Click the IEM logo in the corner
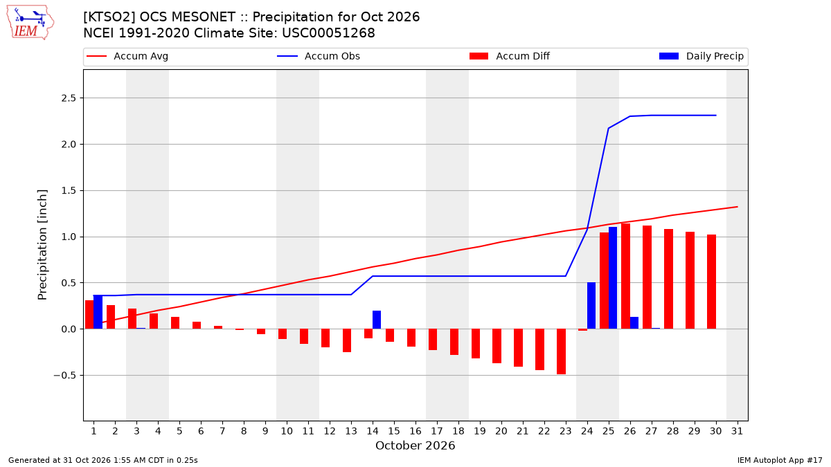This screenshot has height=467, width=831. (30, 23)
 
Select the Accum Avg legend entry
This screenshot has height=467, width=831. (127, 56)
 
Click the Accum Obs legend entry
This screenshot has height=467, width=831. (319, 56)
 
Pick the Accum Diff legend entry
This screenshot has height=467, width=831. (510, 56)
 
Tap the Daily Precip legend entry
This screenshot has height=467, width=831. (701, 56)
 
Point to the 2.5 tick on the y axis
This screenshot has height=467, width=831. (69, 98)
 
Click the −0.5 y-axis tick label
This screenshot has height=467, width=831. (65, 376)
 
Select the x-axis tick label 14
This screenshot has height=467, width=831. (373, 431)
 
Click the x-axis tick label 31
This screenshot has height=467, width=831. (737, 431)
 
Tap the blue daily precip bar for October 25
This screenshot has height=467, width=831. (612, 278)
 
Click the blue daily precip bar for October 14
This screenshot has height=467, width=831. (377, 320)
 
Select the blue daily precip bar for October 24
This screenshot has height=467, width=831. (591, 305)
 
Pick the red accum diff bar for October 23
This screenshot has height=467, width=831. (562, 351)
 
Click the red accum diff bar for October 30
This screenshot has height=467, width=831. (712, 282)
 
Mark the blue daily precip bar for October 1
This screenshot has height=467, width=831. (98, 312)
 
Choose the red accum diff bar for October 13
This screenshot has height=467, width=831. (347, 340)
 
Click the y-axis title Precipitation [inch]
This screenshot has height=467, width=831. (42, 245)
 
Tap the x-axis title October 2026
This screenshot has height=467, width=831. (415, 446)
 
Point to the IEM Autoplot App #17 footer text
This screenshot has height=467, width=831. (780, 460)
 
